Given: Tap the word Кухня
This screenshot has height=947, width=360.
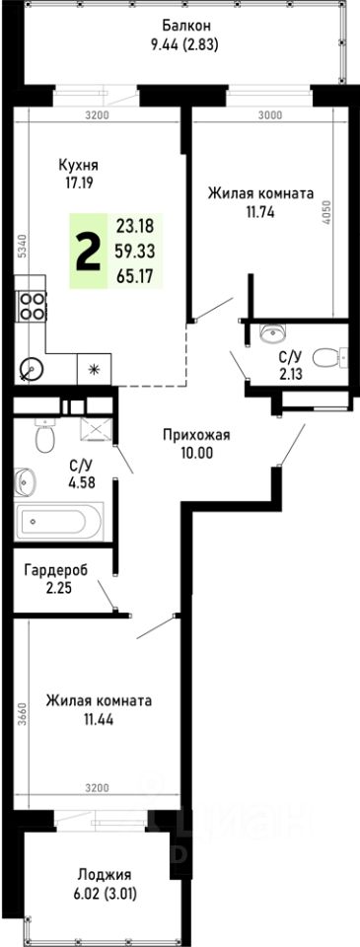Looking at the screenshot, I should [78, 167].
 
